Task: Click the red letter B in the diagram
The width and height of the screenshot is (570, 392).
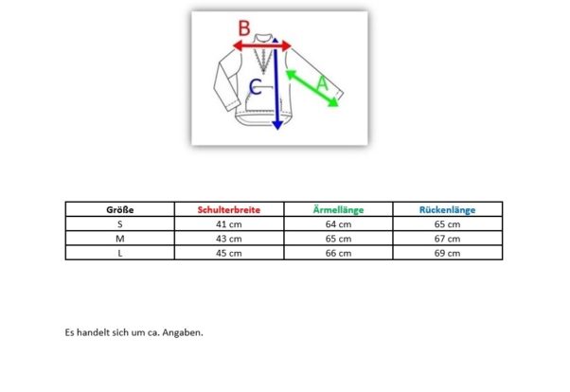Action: [244, 28]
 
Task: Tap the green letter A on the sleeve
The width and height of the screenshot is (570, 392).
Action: [323, 83]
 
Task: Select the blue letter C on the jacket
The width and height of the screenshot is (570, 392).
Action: [256, 87]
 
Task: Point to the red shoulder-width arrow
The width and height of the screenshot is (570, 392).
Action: [261, 45]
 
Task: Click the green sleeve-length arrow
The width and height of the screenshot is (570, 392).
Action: [312, 89]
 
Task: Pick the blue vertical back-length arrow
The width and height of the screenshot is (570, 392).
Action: [276, 83]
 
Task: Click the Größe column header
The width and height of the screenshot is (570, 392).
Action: [120, 210]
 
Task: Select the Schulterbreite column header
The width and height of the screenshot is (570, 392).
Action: [229, 210]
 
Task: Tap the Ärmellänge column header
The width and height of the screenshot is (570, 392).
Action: [338, 210]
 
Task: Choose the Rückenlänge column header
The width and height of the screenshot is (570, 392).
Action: [448, 210]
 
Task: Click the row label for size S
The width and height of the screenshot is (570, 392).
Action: [120, 224]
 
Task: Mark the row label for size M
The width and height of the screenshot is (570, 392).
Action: [120, 239]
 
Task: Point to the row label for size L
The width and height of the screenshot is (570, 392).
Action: [120, 254]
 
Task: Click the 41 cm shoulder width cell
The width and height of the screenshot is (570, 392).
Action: [229, 224]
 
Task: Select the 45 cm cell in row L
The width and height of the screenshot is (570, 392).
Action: [229, 254]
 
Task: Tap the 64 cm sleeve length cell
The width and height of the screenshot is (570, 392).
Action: [338, 224]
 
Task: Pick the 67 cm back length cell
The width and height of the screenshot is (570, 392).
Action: [448, 239]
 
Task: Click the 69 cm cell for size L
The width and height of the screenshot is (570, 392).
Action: [448, 254]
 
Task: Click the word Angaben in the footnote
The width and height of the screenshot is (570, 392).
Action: [183, 332]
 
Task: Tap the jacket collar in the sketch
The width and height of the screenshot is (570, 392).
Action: [263, 39]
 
